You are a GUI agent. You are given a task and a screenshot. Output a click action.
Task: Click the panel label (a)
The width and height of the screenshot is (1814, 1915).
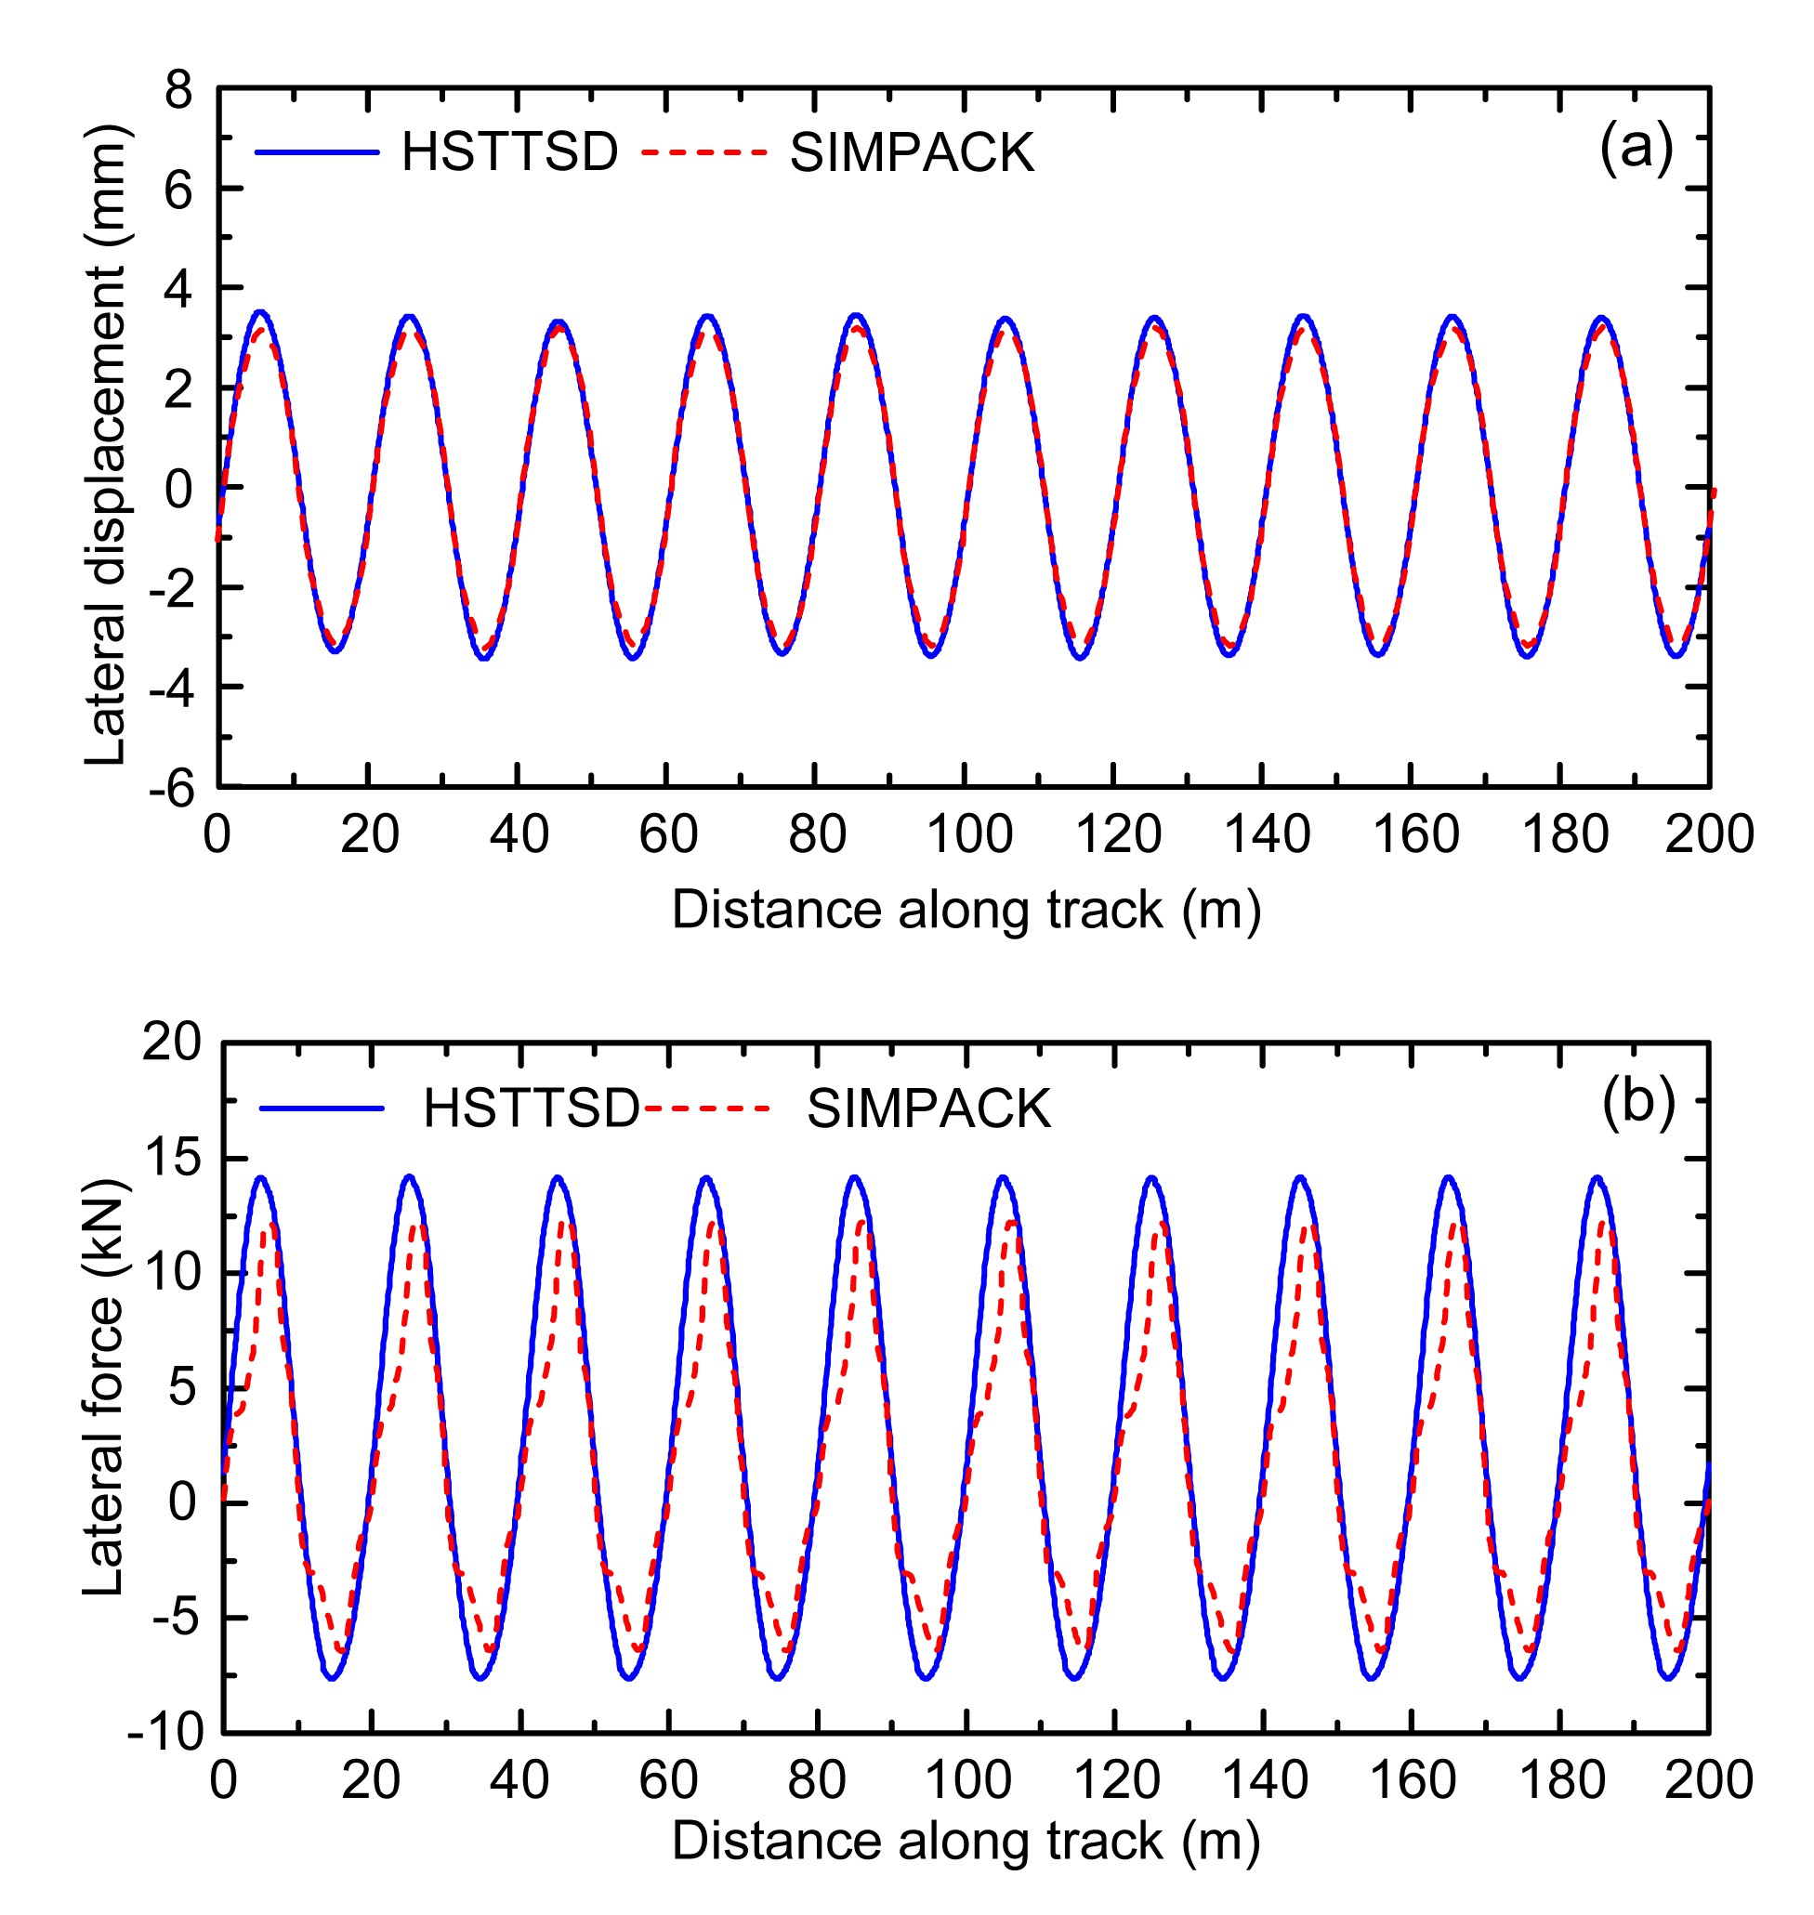coord(1636,149)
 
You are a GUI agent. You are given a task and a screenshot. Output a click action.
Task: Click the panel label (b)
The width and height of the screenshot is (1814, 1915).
coord(1638,1102)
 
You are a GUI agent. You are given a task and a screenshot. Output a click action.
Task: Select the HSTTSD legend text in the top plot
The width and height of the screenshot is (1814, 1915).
coord(509,152)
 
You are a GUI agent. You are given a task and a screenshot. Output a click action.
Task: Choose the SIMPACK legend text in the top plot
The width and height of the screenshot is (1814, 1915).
coord(912,152)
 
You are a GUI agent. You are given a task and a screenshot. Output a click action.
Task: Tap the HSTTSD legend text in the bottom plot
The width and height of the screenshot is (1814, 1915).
coord(531,1108)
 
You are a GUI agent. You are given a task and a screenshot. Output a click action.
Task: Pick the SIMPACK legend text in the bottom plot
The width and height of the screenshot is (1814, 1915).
coord(928,1108)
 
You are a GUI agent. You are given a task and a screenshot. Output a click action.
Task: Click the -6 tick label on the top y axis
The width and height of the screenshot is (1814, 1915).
coord(171,789)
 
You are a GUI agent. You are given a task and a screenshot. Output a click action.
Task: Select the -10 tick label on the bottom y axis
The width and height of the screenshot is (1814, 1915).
coord(165,1732)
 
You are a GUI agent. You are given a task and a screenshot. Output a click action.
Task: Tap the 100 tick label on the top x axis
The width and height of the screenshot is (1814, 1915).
coord(969,833)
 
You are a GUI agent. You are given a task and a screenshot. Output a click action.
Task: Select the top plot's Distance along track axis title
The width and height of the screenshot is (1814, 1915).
coord(966,910)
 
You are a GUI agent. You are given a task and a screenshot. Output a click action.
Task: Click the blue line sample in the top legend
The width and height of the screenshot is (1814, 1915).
coord(317,152)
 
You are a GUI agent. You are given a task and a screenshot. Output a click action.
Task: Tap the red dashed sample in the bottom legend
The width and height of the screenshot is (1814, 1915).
coord(707,1108)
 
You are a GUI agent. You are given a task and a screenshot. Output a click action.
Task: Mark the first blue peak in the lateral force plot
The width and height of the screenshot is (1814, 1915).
coord(261,1178)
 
